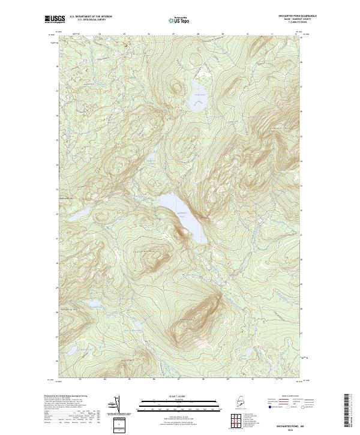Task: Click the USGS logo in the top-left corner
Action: pyautogui.click(x=55, y=19)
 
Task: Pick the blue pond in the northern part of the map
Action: pyautogui.click(x=198, y=98)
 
